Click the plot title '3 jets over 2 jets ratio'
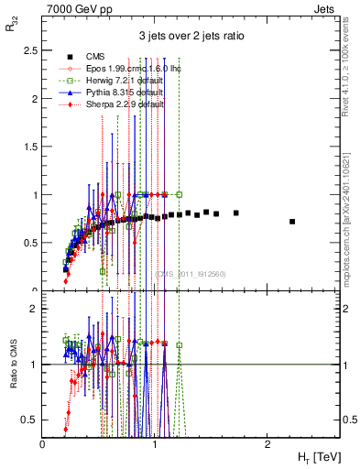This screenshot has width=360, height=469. click(x=191, y=37)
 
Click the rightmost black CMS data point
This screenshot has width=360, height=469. click(x=292, y=222)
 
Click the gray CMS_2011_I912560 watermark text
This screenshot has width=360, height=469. click(x=190, y=273)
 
